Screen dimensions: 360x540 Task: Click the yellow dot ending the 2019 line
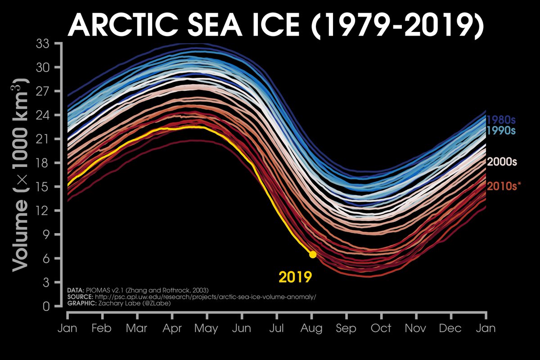[312, 254]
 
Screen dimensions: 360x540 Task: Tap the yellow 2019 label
[295, 276]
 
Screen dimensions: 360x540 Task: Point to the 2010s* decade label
[504, 185]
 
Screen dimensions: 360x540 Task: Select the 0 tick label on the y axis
[46, 306]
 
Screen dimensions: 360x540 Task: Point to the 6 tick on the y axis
[46, 258]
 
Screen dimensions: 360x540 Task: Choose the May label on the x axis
[206, 328]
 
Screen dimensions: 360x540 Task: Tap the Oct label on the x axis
[381, 328]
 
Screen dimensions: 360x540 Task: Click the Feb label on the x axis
[102, 328]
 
